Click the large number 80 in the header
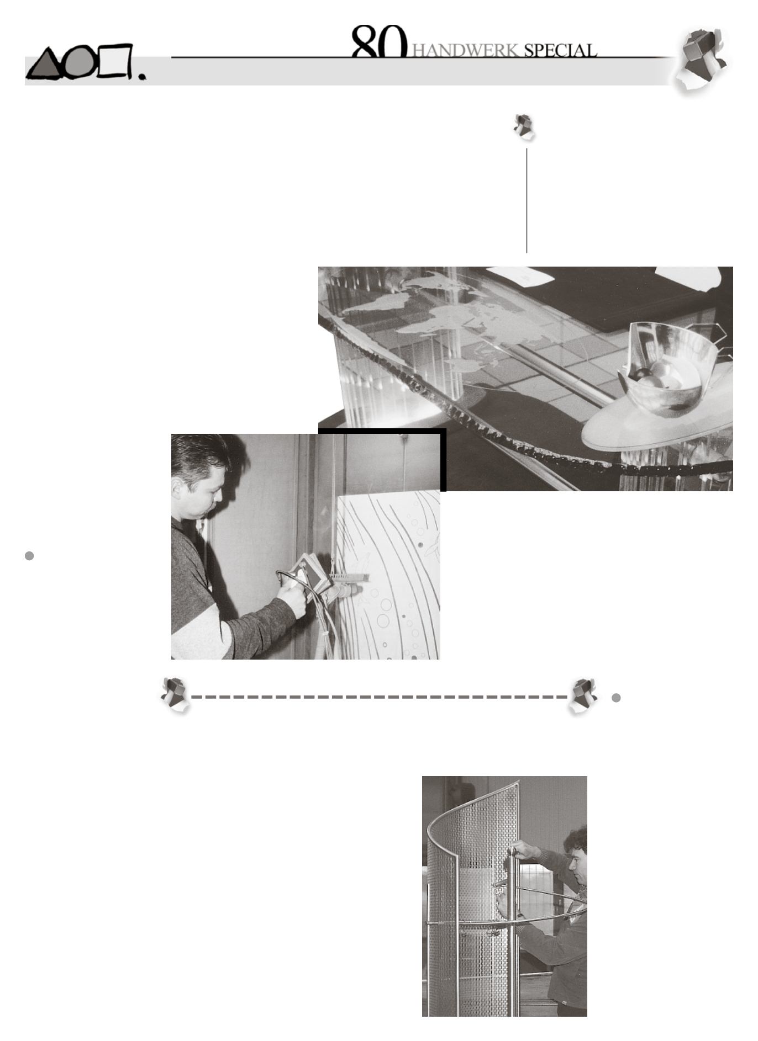coord(379,41)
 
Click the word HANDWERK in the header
coord(466,51)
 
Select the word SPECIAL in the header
coord(560,51)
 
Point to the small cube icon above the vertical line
coord(524,127)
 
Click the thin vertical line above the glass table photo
coord(527,200)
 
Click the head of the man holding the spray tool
coord(199,475)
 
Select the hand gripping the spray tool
coord(292,598)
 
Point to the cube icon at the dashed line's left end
coord(175,695)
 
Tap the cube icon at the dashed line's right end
coord(583,695)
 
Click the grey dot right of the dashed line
coord(617,698)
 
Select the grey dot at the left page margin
coord(30,556)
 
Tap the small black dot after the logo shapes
coord(143,78)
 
